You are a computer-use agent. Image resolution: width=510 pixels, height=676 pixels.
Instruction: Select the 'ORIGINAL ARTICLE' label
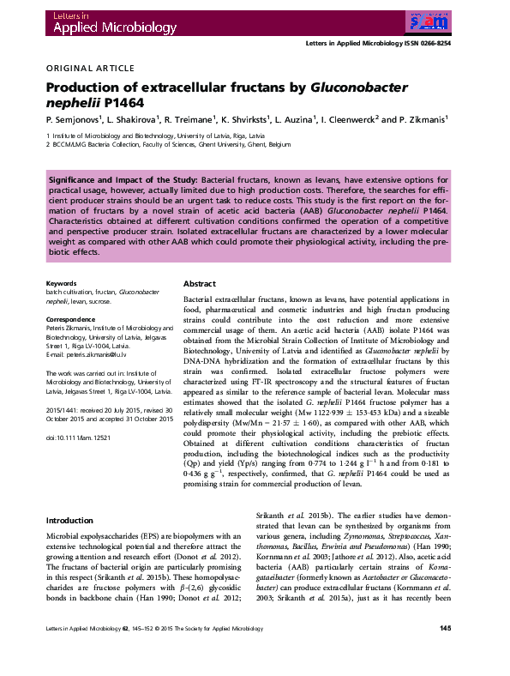point(90,68)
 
